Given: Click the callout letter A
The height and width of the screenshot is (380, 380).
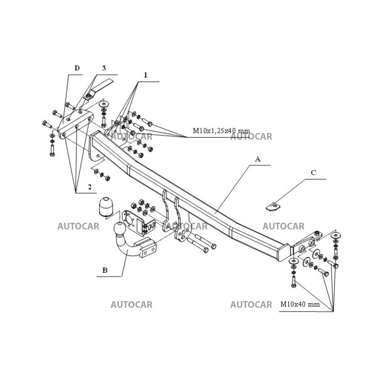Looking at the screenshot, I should tap(258, 160).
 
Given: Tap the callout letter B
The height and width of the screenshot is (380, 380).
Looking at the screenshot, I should tap(105, 271).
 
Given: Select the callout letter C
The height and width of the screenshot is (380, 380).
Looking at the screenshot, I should tap(313, 173).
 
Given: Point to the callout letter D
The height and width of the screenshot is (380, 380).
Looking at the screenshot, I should tap(77, 68).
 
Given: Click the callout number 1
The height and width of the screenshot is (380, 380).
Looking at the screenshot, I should tap(145, 75).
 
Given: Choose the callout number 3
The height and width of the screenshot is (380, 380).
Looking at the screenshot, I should tap(104, 68).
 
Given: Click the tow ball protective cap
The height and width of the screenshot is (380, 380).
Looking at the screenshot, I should tap(107, 205).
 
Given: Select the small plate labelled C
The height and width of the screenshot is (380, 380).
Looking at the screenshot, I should tap(273, 206).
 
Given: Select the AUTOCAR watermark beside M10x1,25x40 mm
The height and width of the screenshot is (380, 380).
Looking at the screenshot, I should tap(251, 137).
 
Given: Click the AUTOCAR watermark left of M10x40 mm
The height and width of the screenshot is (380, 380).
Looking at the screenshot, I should tap(251, 304).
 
